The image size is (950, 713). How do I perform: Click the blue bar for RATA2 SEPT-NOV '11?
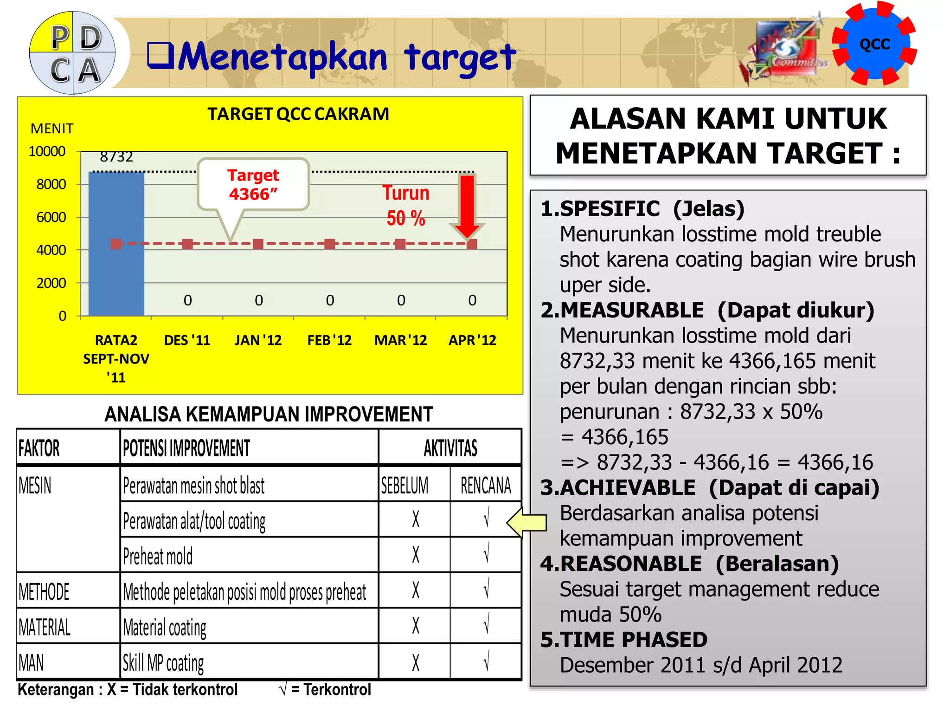tap(116, 244)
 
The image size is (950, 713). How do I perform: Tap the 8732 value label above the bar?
tap(116, 157)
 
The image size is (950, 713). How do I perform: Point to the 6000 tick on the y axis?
tap(51, 217)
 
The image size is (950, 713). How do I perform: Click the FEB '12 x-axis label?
tap(329, 340)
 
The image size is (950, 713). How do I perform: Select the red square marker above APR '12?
tap(472, 244)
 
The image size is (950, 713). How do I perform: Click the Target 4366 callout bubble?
tap(253, 185)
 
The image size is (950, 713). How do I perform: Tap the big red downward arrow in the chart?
tap(467, 204)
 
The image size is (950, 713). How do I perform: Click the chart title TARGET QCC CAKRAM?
tap(298, 114)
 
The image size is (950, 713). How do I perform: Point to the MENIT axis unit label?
tap(52, 129)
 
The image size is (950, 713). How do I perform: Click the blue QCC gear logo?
tap(874, 44)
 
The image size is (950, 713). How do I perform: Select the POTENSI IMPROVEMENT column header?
tap(186, 448)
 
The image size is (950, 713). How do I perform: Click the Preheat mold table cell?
tap(158, 556)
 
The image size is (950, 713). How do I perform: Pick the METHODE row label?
tap(44, 592)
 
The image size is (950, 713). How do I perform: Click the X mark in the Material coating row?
tap(416, 626)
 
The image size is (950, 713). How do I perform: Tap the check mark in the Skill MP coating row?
tap(486, 662)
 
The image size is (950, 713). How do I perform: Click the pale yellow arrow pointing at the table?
tap(527, 522)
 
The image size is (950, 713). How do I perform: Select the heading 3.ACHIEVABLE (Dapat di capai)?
tap(710, 488)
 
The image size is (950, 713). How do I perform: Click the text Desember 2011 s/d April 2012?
tap(700, 665)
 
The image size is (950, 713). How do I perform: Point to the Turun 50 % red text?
tap(406, 206)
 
